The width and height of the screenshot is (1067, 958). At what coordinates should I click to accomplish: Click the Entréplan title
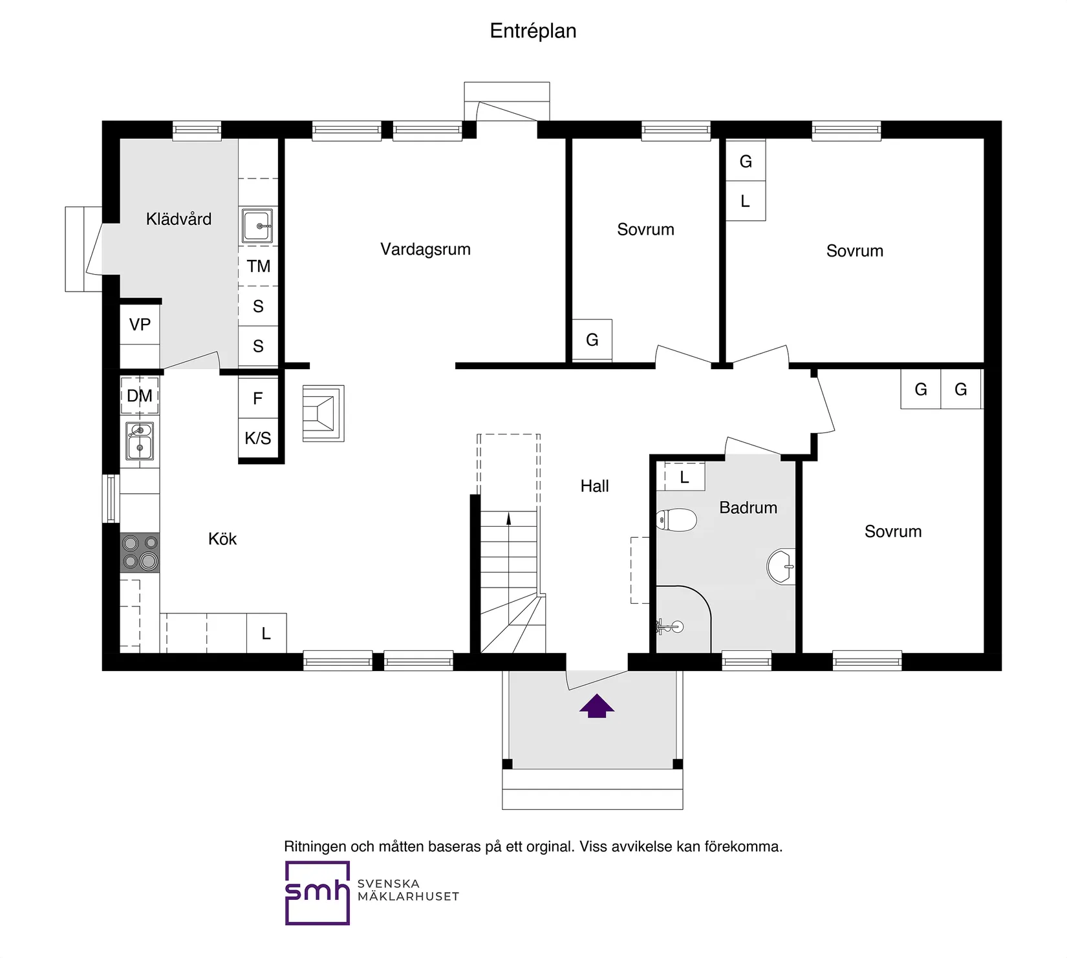click(x=533, y=31)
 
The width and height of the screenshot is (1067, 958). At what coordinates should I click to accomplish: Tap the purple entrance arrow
click(x=596, y=706)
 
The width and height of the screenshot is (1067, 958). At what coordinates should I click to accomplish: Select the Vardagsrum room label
click(x=425, y=250)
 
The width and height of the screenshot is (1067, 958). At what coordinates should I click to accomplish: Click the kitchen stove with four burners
click(x=140, y=552)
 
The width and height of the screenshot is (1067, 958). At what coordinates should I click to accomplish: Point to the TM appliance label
click(x=258, y=266)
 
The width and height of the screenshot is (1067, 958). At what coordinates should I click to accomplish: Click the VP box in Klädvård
click(x=140, y=325)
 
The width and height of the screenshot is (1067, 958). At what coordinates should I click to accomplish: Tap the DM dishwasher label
click(x=140, y=396)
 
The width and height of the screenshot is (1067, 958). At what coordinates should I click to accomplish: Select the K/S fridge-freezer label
click(x=257, y=438)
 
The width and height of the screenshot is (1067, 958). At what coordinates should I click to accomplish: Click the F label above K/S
click(x=257, y=399)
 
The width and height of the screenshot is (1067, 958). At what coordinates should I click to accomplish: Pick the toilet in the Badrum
click(x=676, y=520)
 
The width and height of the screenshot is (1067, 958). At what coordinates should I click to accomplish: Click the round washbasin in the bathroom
click(x=781, y=567)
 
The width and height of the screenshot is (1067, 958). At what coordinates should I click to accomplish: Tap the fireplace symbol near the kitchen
click(x=323, y=413)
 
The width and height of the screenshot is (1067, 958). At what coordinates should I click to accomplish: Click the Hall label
click(x=594, y=486)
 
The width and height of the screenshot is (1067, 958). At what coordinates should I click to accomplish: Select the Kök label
click(x=222, y=539)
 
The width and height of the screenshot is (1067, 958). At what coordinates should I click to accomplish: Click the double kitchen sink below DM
click(x=140, y=441)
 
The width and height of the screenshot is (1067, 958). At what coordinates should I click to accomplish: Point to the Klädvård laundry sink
click(x=257, y=226)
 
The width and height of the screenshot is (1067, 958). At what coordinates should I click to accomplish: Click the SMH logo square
click(x=317, y=893)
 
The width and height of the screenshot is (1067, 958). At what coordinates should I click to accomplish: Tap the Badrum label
click(x=748, y=508)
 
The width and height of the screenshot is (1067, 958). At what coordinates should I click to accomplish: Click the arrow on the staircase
click(x=508, y=518)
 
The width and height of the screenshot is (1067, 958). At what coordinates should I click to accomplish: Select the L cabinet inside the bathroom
click(x=684, y=478)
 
